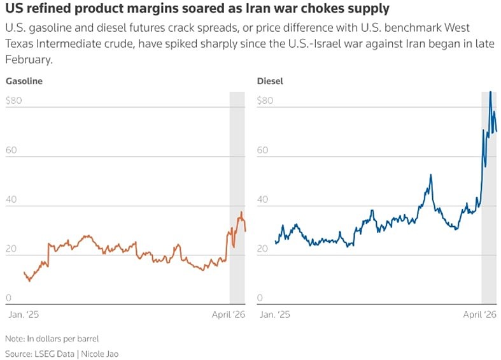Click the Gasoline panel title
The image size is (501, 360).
tap(24, 81)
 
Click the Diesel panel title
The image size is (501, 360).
tap(270, 81)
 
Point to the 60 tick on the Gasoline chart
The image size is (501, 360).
tap(11, 150)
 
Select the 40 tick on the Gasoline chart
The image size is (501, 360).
tap(11, 199)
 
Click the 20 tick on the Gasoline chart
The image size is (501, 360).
tap(11, 249)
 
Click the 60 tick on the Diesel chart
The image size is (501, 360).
tap(262, 150)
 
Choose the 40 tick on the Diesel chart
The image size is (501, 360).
tap(262, 199)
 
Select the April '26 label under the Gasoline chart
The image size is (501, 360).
tap(228, 315)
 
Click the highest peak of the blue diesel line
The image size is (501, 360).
tap(490, 92)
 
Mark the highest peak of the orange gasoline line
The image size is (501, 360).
tap(241, 212)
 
